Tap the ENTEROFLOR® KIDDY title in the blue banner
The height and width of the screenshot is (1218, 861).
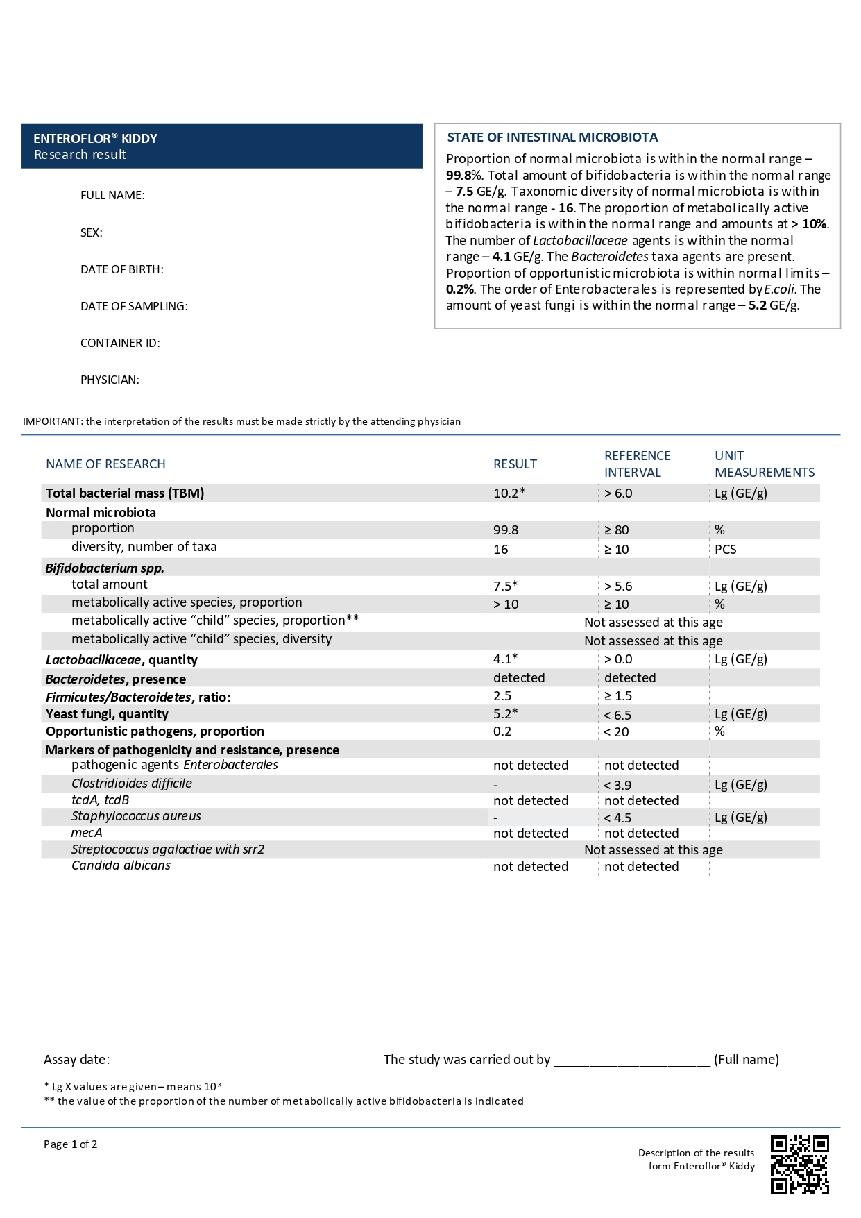96,138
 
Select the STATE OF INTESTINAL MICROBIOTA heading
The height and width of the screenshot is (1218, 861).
552,137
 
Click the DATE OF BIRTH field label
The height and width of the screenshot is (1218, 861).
122,269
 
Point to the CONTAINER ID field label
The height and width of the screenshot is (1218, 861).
120,343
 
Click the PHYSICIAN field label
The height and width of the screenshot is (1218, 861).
110,380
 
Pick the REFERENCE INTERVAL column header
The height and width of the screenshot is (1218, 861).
637,464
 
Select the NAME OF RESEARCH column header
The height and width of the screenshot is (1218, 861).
105,464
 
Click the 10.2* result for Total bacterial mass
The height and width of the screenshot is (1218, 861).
509,493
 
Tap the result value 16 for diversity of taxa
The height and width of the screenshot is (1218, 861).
501,549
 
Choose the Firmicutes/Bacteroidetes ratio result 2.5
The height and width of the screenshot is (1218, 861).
502,695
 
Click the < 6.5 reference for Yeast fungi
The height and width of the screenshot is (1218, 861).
617,714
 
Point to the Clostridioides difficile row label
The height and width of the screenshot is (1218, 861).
132,783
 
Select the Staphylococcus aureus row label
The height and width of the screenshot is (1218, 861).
136,816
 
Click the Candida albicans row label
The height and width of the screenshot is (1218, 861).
121,865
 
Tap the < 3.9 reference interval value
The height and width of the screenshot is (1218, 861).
617,785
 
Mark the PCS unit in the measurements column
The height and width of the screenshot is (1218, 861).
726,549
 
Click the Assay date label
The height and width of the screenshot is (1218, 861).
76,1059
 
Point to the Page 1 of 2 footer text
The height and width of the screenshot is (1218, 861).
70,1144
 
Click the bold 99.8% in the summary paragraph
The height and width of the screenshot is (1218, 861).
464,175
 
